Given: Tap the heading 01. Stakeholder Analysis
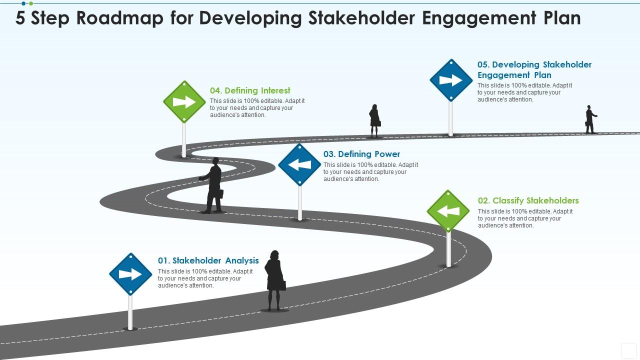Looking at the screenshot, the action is click(208, 260).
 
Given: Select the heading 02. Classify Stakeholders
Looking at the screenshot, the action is click(528, 200).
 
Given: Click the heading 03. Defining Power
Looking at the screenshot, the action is click(361, 154).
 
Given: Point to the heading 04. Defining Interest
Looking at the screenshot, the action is click(250, 90).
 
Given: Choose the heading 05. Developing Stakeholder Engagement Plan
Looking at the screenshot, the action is click(534, 69).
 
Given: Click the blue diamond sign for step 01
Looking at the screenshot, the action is click(130, 274).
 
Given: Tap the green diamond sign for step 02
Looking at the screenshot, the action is click(448, 211).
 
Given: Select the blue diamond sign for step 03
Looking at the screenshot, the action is click(299, 165).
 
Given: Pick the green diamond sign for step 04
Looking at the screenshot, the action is click(184, 101).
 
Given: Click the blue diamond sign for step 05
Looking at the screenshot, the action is click(451, 80).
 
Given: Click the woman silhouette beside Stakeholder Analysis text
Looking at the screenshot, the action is click(275, 280).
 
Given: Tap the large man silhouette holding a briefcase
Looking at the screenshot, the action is click(211, 185).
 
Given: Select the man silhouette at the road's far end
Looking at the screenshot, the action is click(590, 119).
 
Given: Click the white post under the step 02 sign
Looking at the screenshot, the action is click(449, 249).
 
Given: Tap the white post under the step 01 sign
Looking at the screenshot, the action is click(130, 312).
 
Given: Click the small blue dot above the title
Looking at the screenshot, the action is click(23, 3).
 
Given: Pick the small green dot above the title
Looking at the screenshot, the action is click(31, 3).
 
